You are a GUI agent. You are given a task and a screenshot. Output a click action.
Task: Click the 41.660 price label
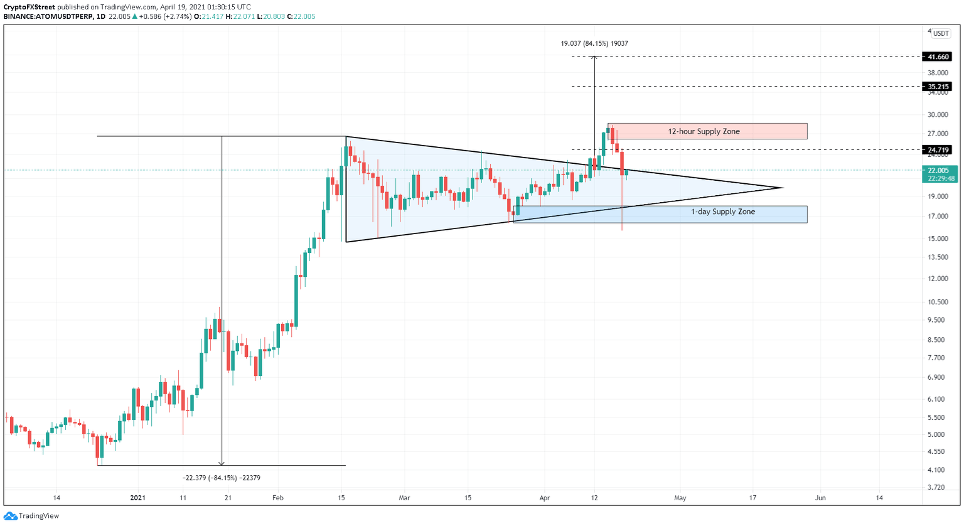938,56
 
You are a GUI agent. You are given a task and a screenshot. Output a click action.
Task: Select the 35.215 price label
938,87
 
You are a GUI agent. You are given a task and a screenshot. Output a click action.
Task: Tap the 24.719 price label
938,150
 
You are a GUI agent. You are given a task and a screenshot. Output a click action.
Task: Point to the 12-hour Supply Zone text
704,131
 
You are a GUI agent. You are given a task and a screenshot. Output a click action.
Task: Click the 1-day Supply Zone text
723,212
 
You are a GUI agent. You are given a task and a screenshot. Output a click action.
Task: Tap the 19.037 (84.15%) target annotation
594,43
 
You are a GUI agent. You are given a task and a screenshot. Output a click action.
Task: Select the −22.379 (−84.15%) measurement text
221,478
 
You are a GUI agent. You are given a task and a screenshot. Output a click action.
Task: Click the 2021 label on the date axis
137,498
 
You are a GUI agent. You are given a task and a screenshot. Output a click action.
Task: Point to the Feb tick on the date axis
278,498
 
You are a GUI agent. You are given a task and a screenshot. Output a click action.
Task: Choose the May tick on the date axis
680,498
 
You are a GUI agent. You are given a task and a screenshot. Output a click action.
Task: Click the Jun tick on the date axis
820,498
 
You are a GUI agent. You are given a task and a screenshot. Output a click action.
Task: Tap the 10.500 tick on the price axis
938,302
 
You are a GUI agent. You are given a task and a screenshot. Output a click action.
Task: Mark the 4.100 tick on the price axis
938,470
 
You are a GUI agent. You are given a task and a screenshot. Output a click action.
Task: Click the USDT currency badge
940,33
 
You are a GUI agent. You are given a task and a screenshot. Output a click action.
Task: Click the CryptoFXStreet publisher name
29,7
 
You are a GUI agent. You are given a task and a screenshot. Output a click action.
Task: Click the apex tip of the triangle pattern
783,188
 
